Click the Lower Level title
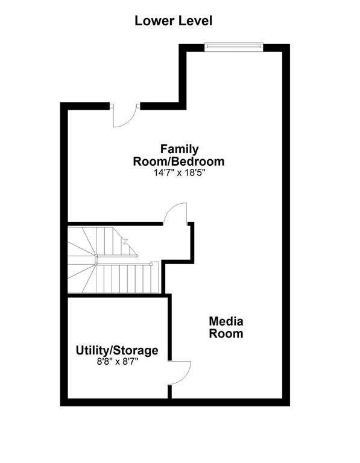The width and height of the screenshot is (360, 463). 173,21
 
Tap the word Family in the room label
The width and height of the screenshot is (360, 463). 179,149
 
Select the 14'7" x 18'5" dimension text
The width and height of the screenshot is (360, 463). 179,172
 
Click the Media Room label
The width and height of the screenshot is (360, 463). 226,327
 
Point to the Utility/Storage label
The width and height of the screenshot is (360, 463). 117,350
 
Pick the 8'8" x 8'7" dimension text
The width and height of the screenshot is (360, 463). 117,362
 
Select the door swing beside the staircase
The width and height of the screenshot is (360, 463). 176,214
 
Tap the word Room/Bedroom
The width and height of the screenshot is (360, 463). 179,161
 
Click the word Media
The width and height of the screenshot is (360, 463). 226,321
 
